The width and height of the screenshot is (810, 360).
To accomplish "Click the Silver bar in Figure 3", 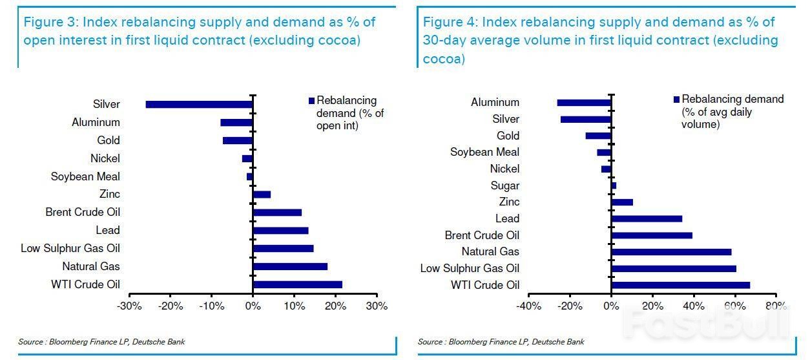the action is pyautogui.click(x=199, y=104).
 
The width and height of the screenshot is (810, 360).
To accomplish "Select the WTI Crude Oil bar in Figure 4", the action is pyautogui.click(x=681, y=285).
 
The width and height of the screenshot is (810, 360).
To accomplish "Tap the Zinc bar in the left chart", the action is pyautogui.click(x=262, y=195).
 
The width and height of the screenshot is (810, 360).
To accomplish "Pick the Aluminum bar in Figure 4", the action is pyautogui.click(x=585, y=103).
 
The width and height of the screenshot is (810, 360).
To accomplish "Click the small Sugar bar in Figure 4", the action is pyautogui.click(x=614, y=185).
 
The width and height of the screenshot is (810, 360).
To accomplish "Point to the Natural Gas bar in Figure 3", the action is pyautogui.click(x=291, y=267).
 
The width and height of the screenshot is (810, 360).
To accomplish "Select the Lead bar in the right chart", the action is pyautogui.click(x=647, y=218).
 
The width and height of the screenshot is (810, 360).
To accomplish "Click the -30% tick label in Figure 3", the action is pyautogui.click(x=129, y=306).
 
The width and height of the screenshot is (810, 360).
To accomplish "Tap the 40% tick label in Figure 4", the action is pyautogui.click(x=694, y=306).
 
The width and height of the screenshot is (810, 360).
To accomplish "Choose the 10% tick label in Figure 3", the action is pyautogui.click(x=295, y=306).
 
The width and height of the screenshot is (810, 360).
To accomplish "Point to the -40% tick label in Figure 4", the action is pyautogui.click(x=528, y=306).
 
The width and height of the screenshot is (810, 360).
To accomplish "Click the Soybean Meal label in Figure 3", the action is pyautogui.click(x=85, y=176).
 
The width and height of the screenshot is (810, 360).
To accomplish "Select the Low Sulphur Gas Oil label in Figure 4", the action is pyautogui.click(x=470, y=268).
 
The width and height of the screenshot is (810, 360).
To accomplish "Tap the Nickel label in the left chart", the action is pyautogui.click(x=105, y=158).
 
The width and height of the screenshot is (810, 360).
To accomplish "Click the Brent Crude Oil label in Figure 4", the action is pyautogui.click(x=482, y=235).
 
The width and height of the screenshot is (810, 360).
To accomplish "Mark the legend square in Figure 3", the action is pyautogui.click(x=311, y=101).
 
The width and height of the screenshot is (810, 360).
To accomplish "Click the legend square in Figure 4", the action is pyautogui.click(x=676, y=99).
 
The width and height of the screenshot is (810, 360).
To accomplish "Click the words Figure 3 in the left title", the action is pyautogui.click(x=50, y=23).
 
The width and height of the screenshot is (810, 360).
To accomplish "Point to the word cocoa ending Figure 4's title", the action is pyautogui.click(x=444, y=59).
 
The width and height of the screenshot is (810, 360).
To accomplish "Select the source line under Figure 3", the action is pyautogui.click(x=101, y=341).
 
